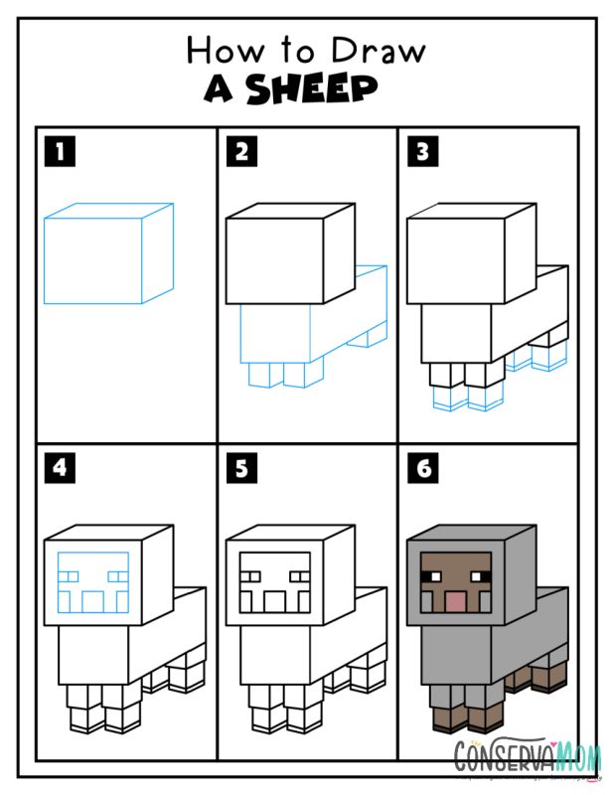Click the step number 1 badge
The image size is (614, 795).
pyautogui.click(x=61, y=152)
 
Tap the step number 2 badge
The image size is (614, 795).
pyautogui.click(x=241, y=152)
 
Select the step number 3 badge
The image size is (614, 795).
pyautogui.click(x=422, y=152)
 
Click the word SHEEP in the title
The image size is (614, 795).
pyautogui.click(x=311, y=89)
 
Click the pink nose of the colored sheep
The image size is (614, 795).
pyautogui.click(x=455, y=601)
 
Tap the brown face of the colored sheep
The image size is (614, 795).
pyautogui.click(x=455, y=583)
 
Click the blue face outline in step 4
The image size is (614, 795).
pyautogui.click(x=93, y=583)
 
